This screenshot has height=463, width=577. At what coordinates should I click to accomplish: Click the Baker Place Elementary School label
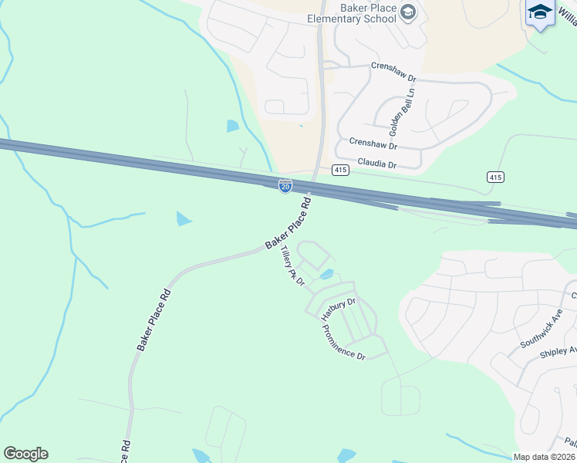click(351, 12)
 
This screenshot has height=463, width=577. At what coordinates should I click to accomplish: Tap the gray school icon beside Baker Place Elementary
click(409, 12)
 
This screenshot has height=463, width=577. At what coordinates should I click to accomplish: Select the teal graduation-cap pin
click(541, 13)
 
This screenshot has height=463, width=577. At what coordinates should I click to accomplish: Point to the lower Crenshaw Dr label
click(373, 144)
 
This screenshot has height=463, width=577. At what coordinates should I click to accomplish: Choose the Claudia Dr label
click(376, 164)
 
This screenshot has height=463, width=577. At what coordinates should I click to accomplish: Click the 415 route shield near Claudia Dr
click(341, 169)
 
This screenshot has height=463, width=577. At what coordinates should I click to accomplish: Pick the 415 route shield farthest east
click(495, 177)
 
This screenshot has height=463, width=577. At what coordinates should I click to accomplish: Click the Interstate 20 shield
click(285, 186)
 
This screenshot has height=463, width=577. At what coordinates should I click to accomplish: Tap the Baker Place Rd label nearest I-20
click(288, 224)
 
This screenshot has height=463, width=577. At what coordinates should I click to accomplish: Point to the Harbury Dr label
click(339, 309)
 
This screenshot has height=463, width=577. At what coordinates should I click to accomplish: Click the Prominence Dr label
click(343, 342)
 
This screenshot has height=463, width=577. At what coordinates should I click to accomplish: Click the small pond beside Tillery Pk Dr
click(326, 274)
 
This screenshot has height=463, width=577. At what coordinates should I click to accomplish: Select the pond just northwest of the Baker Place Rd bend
click(184, 219)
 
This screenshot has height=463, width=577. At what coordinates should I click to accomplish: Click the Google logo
click(25, 454)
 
